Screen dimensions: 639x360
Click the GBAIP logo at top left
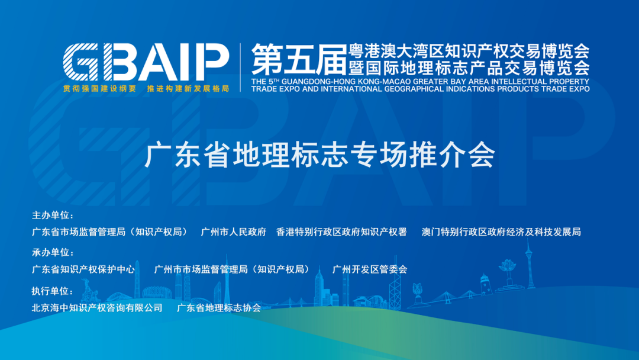(146, 62)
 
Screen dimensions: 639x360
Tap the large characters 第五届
(299, 60)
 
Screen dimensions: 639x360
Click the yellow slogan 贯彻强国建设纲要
(100, 88)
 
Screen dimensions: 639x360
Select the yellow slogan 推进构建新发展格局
(188, 88)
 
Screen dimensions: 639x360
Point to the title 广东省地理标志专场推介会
(320, 155)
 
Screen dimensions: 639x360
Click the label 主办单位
(53, 216)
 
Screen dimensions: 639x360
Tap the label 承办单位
(53, 252)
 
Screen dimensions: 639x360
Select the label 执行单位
(53, 291)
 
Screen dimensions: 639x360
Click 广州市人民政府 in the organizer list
(234, 232)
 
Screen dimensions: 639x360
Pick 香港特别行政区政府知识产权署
(341, 232)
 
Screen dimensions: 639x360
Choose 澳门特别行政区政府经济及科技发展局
(501, 232)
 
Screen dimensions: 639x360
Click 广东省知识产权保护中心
(83, 269)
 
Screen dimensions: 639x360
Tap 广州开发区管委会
(370, 269)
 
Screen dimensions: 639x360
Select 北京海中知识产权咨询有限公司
(97, 308)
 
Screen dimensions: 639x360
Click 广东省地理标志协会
(219, 308)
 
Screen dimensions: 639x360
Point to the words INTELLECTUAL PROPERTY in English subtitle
(540, 81)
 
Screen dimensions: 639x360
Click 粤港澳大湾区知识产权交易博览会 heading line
(469, 52)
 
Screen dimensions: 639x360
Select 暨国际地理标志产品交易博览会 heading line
(469, 68)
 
